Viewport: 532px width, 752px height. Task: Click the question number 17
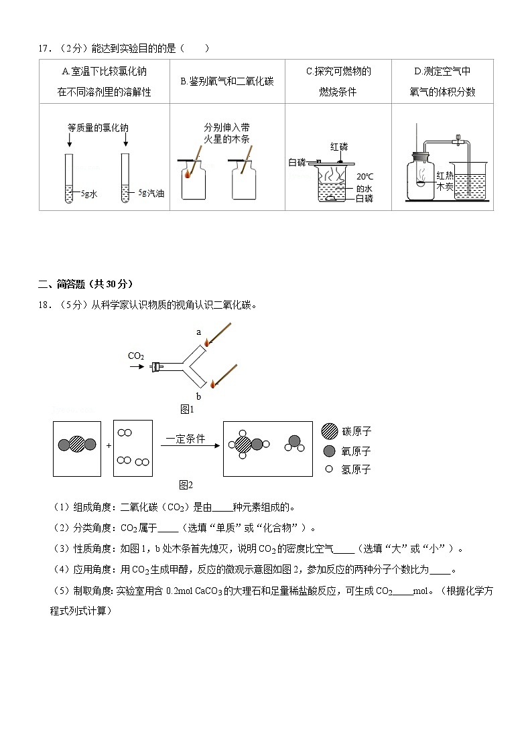[45, 48]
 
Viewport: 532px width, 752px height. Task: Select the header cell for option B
[227, 81]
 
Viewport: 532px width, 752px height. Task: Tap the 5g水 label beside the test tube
[88, 194]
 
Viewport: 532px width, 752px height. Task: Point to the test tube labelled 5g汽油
[125, 177]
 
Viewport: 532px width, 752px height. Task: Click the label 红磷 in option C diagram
[339, 146]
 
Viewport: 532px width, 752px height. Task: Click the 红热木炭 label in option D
[445, 181]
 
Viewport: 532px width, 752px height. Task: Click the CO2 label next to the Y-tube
[136, 356]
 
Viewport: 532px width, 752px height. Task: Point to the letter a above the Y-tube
[198, 331]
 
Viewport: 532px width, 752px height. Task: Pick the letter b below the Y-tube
[198, 396]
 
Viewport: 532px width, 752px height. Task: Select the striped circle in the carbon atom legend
[329, 432]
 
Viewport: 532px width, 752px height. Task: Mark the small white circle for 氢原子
[328, 469]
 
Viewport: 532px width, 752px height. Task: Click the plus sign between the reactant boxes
[107, 445]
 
